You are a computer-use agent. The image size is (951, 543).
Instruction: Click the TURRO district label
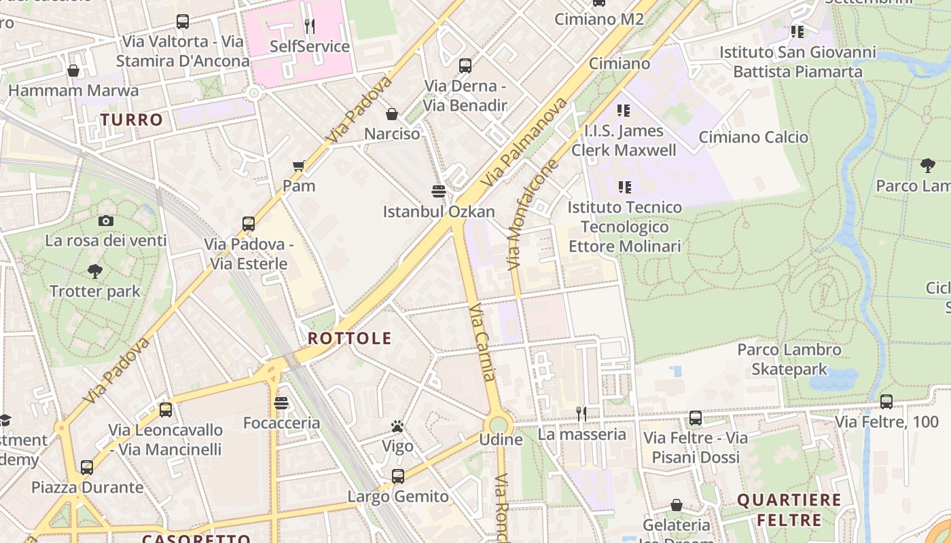pyautogui.click(x=132, y=120)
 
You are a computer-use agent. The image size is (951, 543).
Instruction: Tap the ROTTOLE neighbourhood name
pyautogui.click(x=350, y=338)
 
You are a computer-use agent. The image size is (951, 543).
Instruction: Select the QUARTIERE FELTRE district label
pyautogui.click(x=789, y=510)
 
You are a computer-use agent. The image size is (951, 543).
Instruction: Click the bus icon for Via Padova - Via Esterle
pyautogui.click(x=249, y=223)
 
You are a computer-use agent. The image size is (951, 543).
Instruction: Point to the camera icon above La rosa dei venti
pyautogui.click(x=105, y=221)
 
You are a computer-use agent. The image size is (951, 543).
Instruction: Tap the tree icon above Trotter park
pyautogui.click(x=95, y=271)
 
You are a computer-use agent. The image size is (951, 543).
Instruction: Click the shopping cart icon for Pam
pyautogui.click(x=298, y=166)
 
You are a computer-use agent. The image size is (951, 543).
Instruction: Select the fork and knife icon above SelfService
pyautogui.click(x=310, y=26)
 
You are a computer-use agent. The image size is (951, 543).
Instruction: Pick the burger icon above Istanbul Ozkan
pyautogui.click(x=439, y=191)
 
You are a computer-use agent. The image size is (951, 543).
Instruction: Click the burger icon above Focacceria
pyautogui.click(x=281, y=403)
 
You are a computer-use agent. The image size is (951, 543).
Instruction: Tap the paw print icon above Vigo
pyautogui.click(x=397, y=426)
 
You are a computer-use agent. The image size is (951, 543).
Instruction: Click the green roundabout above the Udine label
pyautogui.click(x=499, y=424)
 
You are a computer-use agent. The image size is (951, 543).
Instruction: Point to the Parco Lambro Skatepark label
pyautogui.click(x=789, y=360)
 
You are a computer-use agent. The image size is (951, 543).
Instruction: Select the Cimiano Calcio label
pyautogui.click(x=753, y=137)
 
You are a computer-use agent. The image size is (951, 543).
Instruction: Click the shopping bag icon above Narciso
pyautogui.click(x=392, y=114)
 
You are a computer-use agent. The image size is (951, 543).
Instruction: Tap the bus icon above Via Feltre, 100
pyautogui.click(x=886, y=401)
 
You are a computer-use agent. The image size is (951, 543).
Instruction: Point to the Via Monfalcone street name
pyautogui.click(x=534, y=214)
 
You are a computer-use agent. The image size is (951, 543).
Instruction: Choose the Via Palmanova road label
pyautogui.click(x=524, y=143)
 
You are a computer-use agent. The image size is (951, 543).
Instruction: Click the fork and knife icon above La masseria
pyautogui.click(x=581, y=413)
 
